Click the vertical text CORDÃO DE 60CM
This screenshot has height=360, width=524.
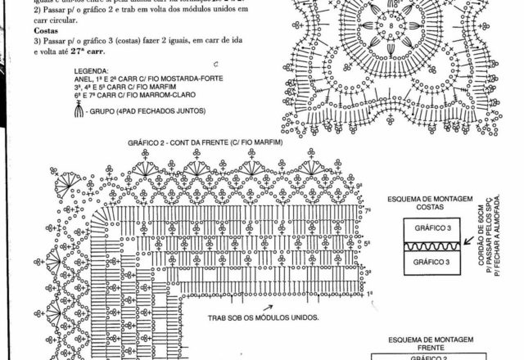click(480, 241)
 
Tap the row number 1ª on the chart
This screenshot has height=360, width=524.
click(369, 293)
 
